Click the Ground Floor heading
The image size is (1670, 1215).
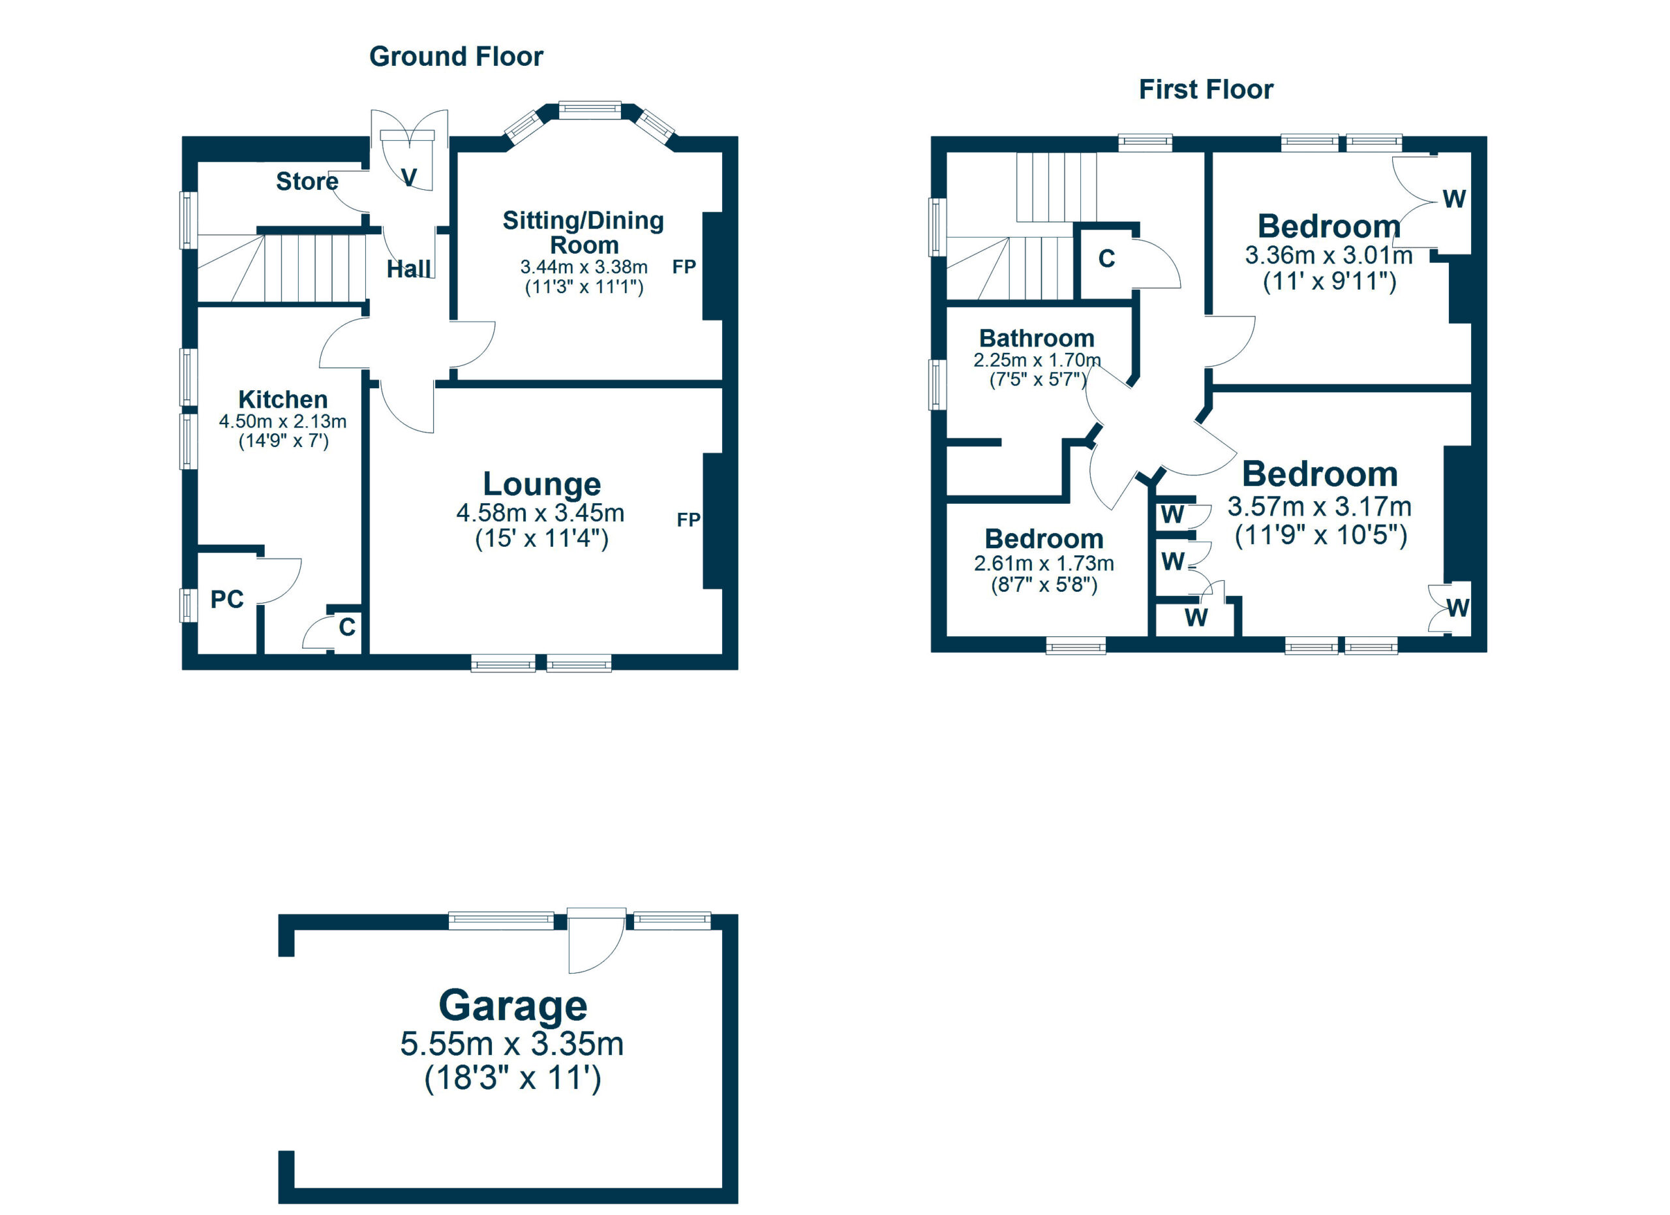tap(456, 57)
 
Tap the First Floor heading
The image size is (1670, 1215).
tap(1206, 90)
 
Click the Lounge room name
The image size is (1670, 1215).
tap(542, 484)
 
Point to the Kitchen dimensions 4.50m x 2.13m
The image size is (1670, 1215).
tap(282, 421)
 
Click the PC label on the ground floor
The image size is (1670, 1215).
tap(227, 600)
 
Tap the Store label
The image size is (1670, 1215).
tap(307, 181)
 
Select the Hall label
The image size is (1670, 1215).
tap(408, 269)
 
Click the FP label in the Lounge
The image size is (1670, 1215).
tap(688, 520)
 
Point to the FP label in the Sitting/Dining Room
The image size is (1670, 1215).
tap(684, 267)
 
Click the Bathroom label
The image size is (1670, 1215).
tap(1037, 338)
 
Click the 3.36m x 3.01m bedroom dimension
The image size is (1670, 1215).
tap(1329, 256)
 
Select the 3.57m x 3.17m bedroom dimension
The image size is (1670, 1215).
tap(1320, 506)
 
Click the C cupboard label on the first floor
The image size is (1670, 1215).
tap(1107, 258)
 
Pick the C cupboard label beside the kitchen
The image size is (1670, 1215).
tap(347, 626)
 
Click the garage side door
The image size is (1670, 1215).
tap(597, 942)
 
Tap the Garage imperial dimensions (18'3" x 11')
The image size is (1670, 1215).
tap(513, 1078)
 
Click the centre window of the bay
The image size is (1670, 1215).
tap(590, 110)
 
